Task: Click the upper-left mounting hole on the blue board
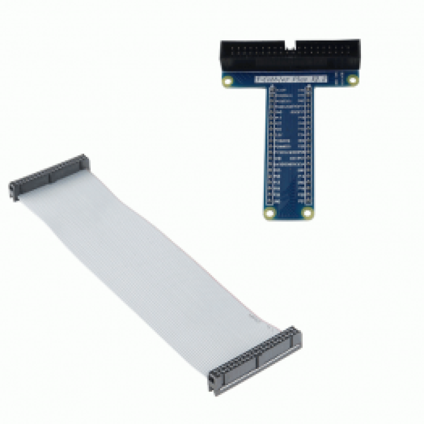[x=228, y=82]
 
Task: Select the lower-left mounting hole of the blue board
[x=269, y=214]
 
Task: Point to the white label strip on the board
[x=290, y=79]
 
